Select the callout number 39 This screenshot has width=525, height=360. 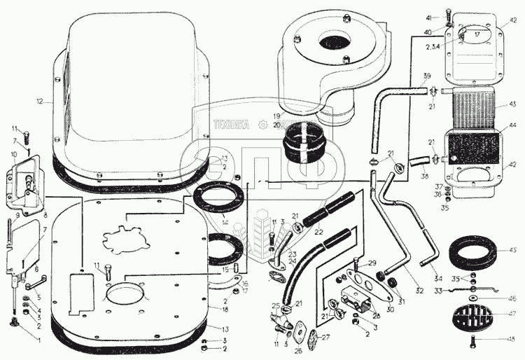click(426, 76)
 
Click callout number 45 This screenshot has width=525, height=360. click(513, 249)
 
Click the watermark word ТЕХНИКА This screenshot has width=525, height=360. click(232, 126)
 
